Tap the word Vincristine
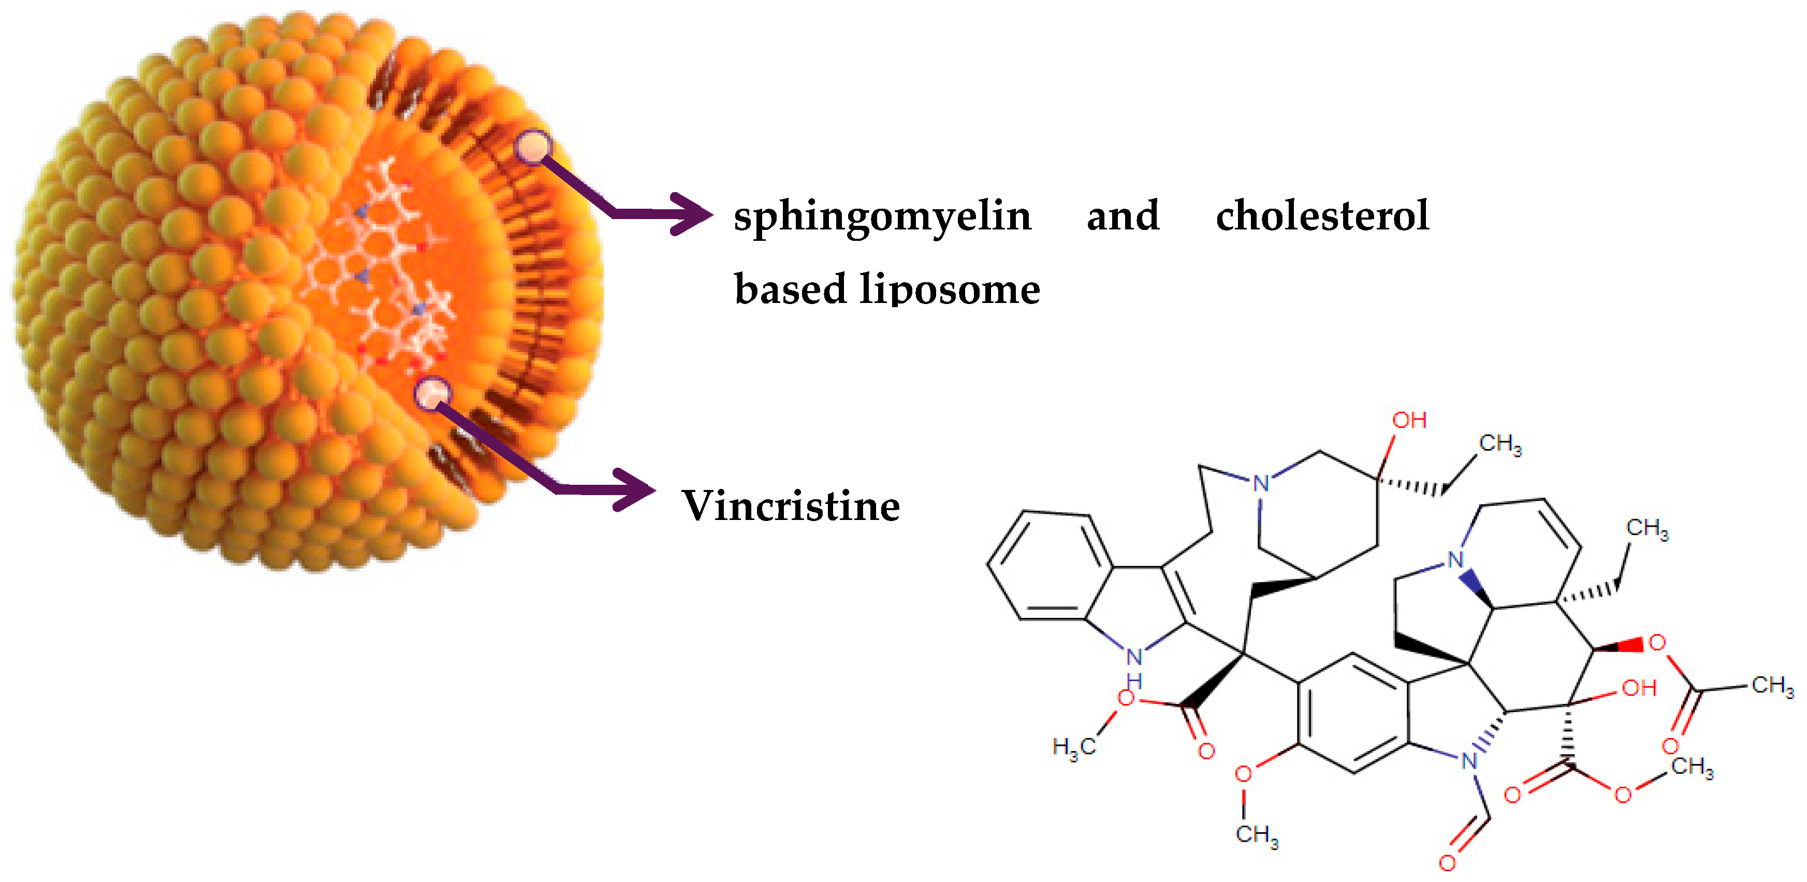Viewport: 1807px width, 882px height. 791,506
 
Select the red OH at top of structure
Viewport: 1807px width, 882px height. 1408,421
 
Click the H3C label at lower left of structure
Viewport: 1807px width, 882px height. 1074,747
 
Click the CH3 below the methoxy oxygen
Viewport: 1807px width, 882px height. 1256,835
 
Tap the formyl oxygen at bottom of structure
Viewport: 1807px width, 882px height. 1447,863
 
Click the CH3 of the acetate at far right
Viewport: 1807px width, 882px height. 1772,685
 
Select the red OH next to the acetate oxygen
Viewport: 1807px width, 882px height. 1639,688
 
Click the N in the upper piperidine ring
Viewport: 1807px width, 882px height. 1261,483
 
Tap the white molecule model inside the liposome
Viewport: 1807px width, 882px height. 382,267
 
